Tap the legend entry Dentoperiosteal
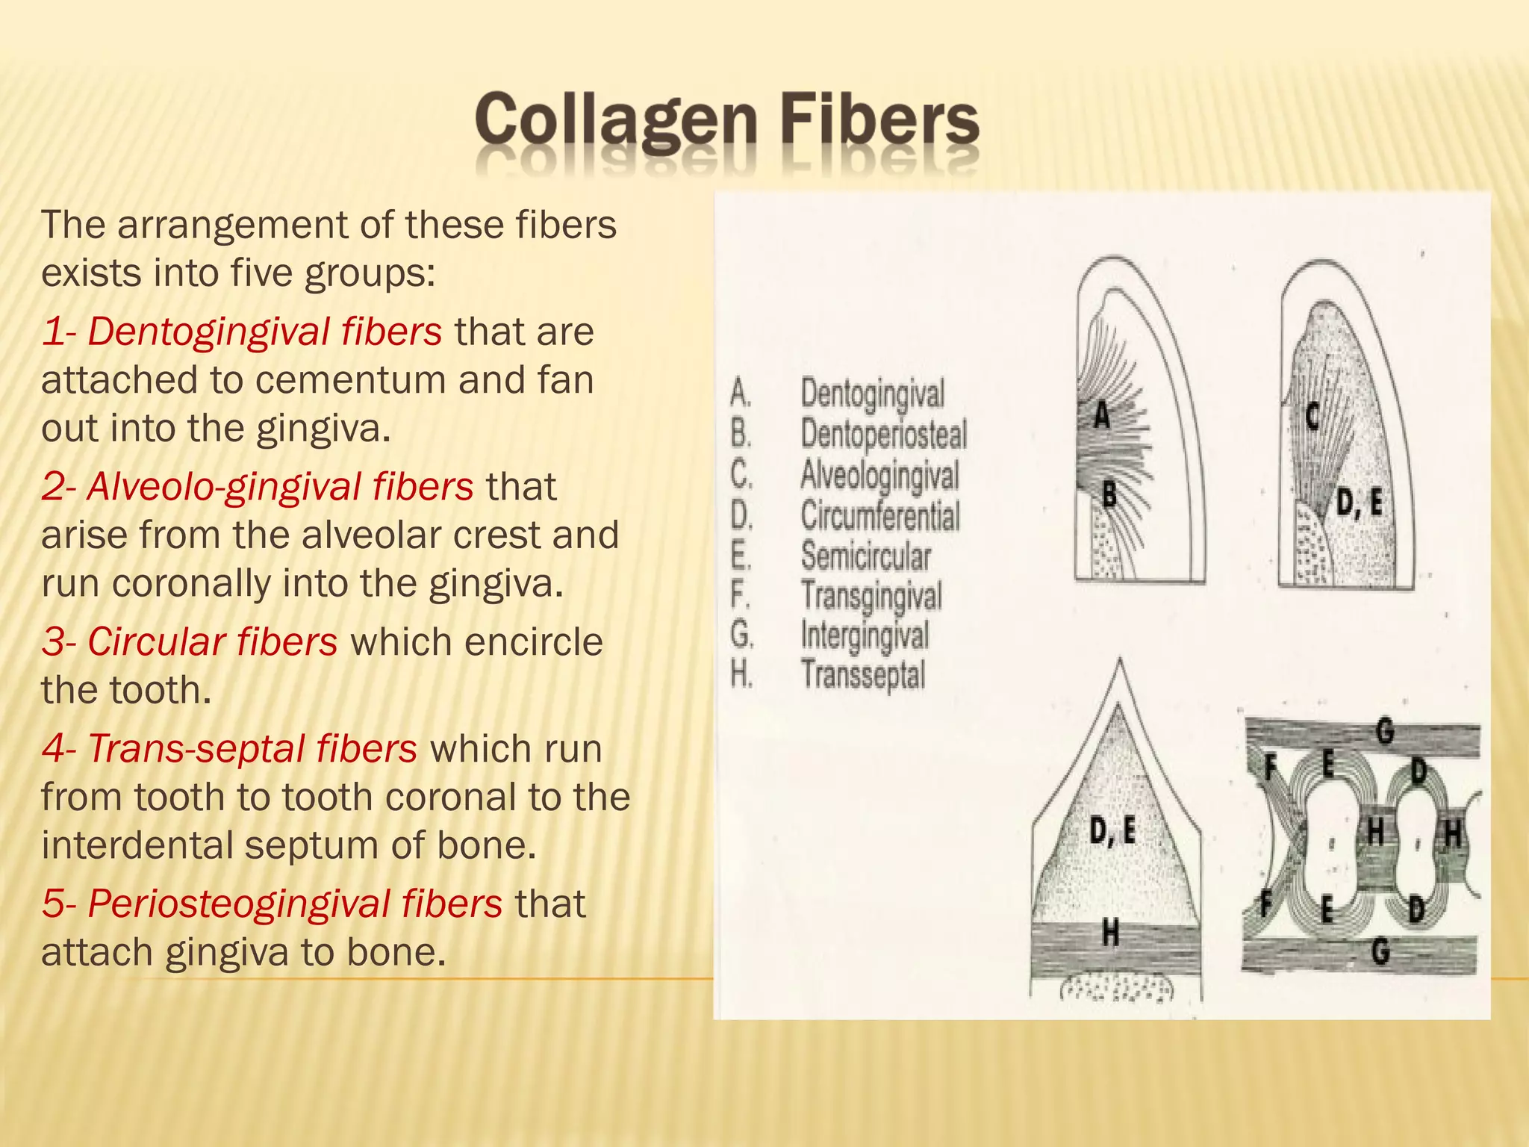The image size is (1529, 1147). pyautogui.click(x=884, y=435)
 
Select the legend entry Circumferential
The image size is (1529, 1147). pyautogui.click(x=880, y=516)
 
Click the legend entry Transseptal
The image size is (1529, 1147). pyautogui.click(x=863, y=674)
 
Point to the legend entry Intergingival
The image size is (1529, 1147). pyautogui.click(x=865, y=635)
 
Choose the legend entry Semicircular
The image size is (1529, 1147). pyautogui.click(x=866, y=556)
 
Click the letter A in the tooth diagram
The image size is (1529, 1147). pyautogui.click(x=1102, y=415)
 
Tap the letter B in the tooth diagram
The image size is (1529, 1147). pyautogui.click(x=1109, y=494)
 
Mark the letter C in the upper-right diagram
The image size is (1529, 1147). pyautogui.click(x=1312, y=417)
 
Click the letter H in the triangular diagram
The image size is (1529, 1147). pyautogui.click(x=1111, y=932)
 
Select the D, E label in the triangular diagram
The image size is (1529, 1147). pyautogui.click(x=1112, y=830)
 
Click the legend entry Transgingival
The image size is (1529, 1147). pyautogui.click(x=871, y=596)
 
